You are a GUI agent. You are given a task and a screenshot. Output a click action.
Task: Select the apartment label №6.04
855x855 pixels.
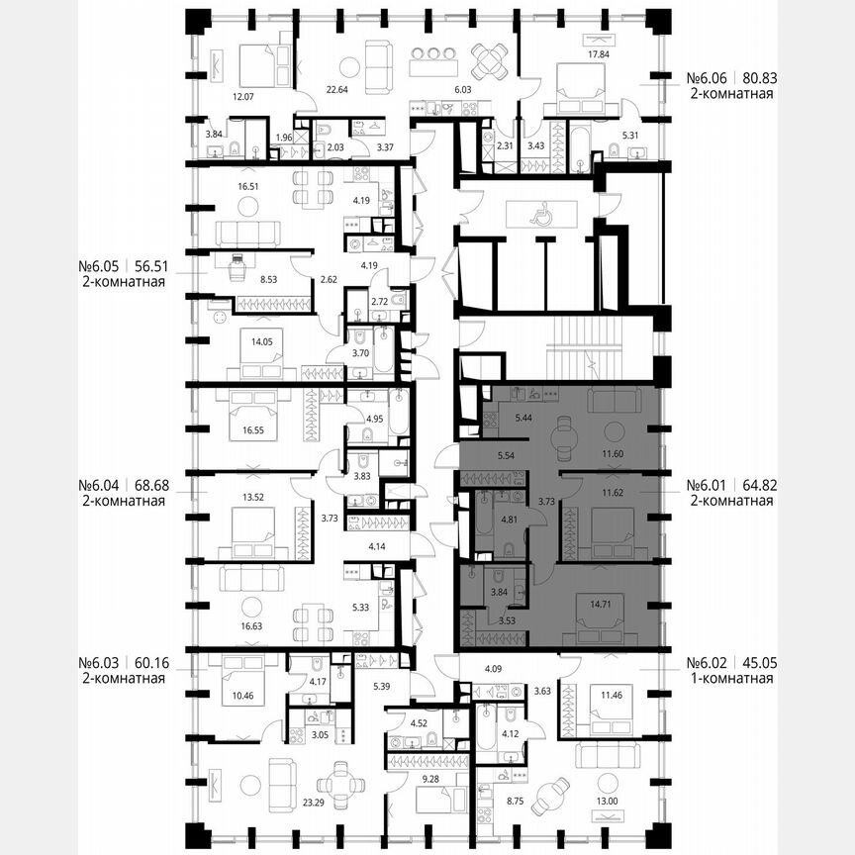(99, 486)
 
